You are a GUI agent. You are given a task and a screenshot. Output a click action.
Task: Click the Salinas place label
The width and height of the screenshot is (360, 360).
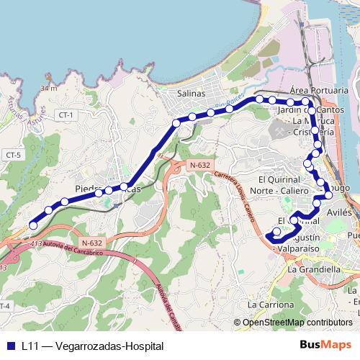[x=191, y=94]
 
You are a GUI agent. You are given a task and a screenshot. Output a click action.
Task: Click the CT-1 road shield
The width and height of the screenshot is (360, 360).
[x=67, y=115]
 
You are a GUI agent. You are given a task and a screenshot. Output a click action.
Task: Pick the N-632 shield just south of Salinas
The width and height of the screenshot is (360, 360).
[x=199, y=166]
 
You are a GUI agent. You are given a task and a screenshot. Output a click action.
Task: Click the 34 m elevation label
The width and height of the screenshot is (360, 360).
[x=49, y=88]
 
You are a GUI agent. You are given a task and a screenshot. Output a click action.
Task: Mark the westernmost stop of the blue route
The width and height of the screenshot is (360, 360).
[x=33, y=225]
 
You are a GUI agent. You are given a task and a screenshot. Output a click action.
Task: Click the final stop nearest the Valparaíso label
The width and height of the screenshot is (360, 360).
[x=276, y=232]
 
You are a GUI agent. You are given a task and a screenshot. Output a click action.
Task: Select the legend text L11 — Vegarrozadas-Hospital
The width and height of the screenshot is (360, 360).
[x=92, y=346]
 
